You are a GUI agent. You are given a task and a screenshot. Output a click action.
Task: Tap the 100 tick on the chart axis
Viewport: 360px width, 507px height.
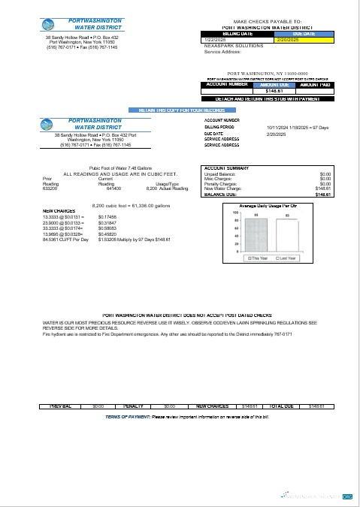(x=235, y=213)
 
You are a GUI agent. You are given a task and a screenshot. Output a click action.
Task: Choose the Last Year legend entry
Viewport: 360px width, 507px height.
(x=286, y=258)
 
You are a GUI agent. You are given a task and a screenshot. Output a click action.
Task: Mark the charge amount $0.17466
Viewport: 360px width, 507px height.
(x=108, y=217)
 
